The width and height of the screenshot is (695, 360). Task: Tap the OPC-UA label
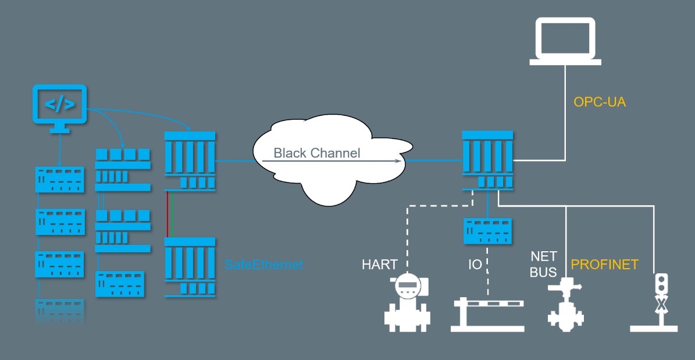coord(599,102)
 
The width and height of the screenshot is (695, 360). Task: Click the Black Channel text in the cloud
coord(317,154)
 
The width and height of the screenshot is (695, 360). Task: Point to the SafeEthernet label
coord(264,265)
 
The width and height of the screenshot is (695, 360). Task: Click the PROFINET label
coord(604,265)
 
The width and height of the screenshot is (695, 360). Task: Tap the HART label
coord(380,265)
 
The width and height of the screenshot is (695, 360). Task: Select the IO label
coord(475,265)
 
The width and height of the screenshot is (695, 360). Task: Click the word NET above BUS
coord(543,256)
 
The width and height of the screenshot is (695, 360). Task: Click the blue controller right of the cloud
coord(487,160)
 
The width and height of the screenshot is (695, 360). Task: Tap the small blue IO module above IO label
coord(487,231)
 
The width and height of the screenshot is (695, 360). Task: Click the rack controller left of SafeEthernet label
coord(190,268)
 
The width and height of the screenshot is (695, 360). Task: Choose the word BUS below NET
coord(543,272)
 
